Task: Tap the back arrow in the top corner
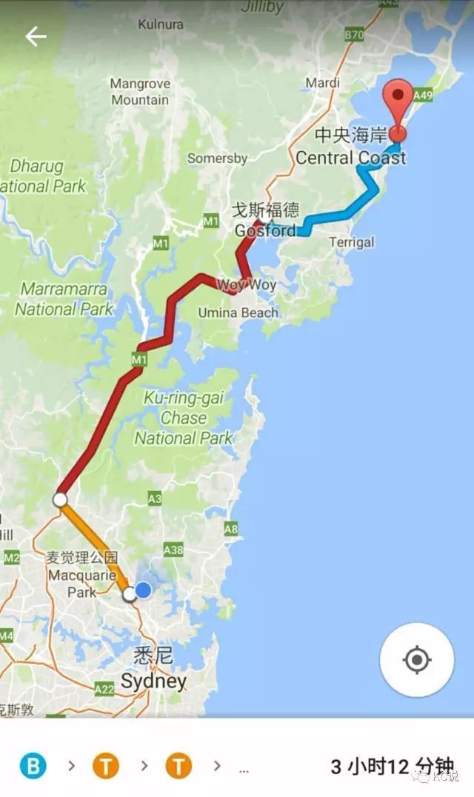coord(36,36)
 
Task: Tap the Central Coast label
coord(351,158)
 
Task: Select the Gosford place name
coord(265,230)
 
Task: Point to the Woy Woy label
coord(246,285)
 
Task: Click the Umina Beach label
coord(238,313)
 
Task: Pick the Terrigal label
coord(352,242)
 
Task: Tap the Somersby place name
coord(217,159)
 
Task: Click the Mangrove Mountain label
coord(140,92)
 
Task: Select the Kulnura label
coord(161,24)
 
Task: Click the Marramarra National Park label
coord(64,299)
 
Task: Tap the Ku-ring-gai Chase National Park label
coord(184,418)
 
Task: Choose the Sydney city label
coord(153,681)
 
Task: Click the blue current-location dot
coord(143,590)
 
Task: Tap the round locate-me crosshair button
coord(417,659)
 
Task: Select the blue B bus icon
coord(33,765)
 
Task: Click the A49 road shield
coord(423,95)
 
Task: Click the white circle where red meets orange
coord(60,499)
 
